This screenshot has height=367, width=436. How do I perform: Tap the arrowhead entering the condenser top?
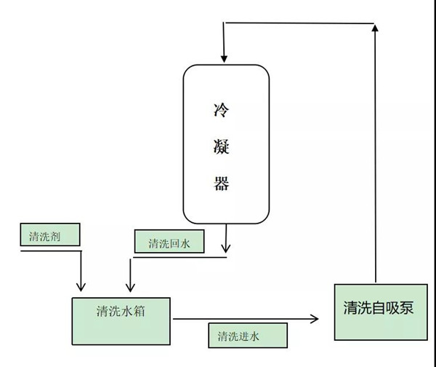pos(224,57)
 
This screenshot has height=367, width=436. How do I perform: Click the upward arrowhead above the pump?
pos(376,28)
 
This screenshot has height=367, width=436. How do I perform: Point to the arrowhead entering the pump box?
pos(314,318)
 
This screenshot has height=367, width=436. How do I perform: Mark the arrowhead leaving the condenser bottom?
pos(227,248)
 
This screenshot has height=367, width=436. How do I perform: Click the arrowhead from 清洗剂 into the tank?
pos(81,285)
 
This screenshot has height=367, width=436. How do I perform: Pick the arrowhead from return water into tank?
pos(130,285)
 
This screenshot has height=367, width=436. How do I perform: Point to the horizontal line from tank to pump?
pos(240,318)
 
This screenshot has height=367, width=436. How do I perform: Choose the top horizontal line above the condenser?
pos(298,23)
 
